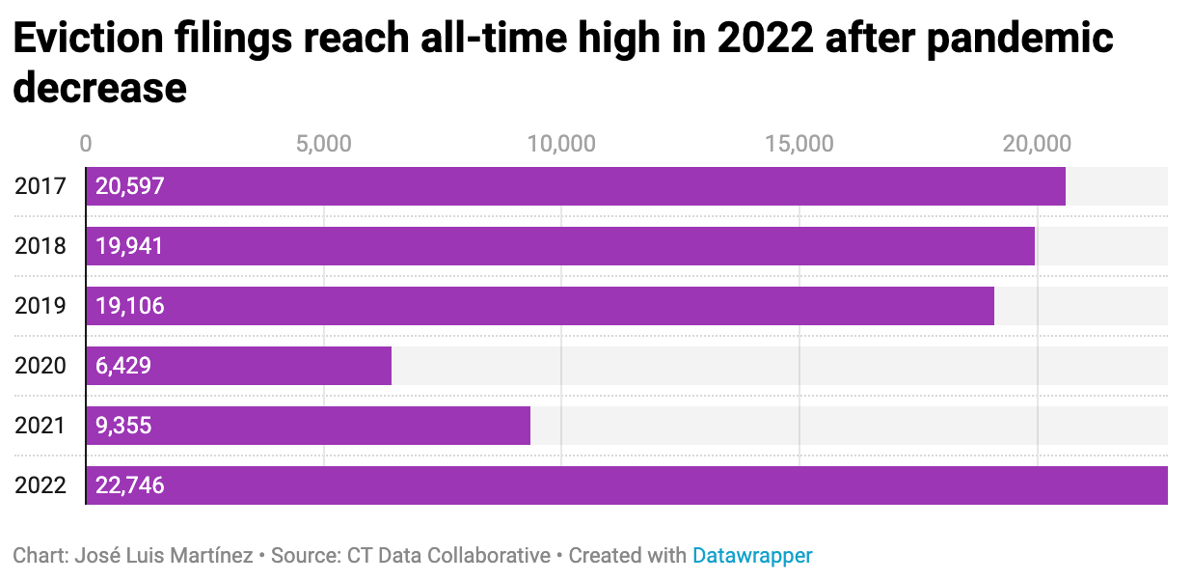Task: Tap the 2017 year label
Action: tap(41, 186)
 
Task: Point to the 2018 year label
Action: tap(41, 246)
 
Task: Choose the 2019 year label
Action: tap(41, 306)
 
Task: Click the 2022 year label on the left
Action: tap(41, 485)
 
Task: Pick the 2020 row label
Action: tap(41, 366)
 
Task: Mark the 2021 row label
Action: tap(41, 426)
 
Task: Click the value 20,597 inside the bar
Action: tap(130, 186)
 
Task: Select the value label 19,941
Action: tap(130, 246)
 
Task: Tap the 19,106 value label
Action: tap(130, 306)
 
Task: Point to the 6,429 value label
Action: tap(123, 366)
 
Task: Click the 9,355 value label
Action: tap(123, 426)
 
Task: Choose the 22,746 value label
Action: tap(130, 485)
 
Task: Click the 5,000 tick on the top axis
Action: tap(324, 144)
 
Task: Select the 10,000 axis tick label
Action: tap(561, 144)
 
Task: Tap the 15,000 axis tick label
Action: tap(799, 144)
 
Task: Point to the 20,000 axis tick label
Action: tap(1037, 144)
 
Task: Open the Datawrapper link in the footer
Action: tap(752, 556)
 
